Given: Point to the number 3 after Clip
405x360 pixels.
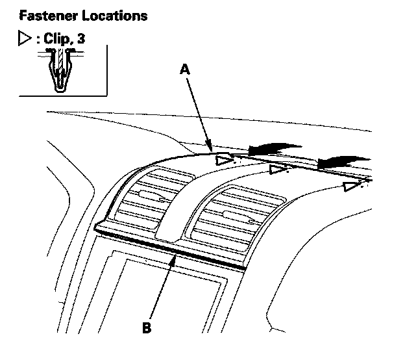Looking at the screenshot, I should click(81, 39).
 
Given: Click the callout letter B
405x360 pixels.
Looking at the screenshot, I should click(147, 328).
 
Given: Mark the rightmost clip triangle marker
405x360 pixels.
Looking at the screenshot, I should click(351, 187).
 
